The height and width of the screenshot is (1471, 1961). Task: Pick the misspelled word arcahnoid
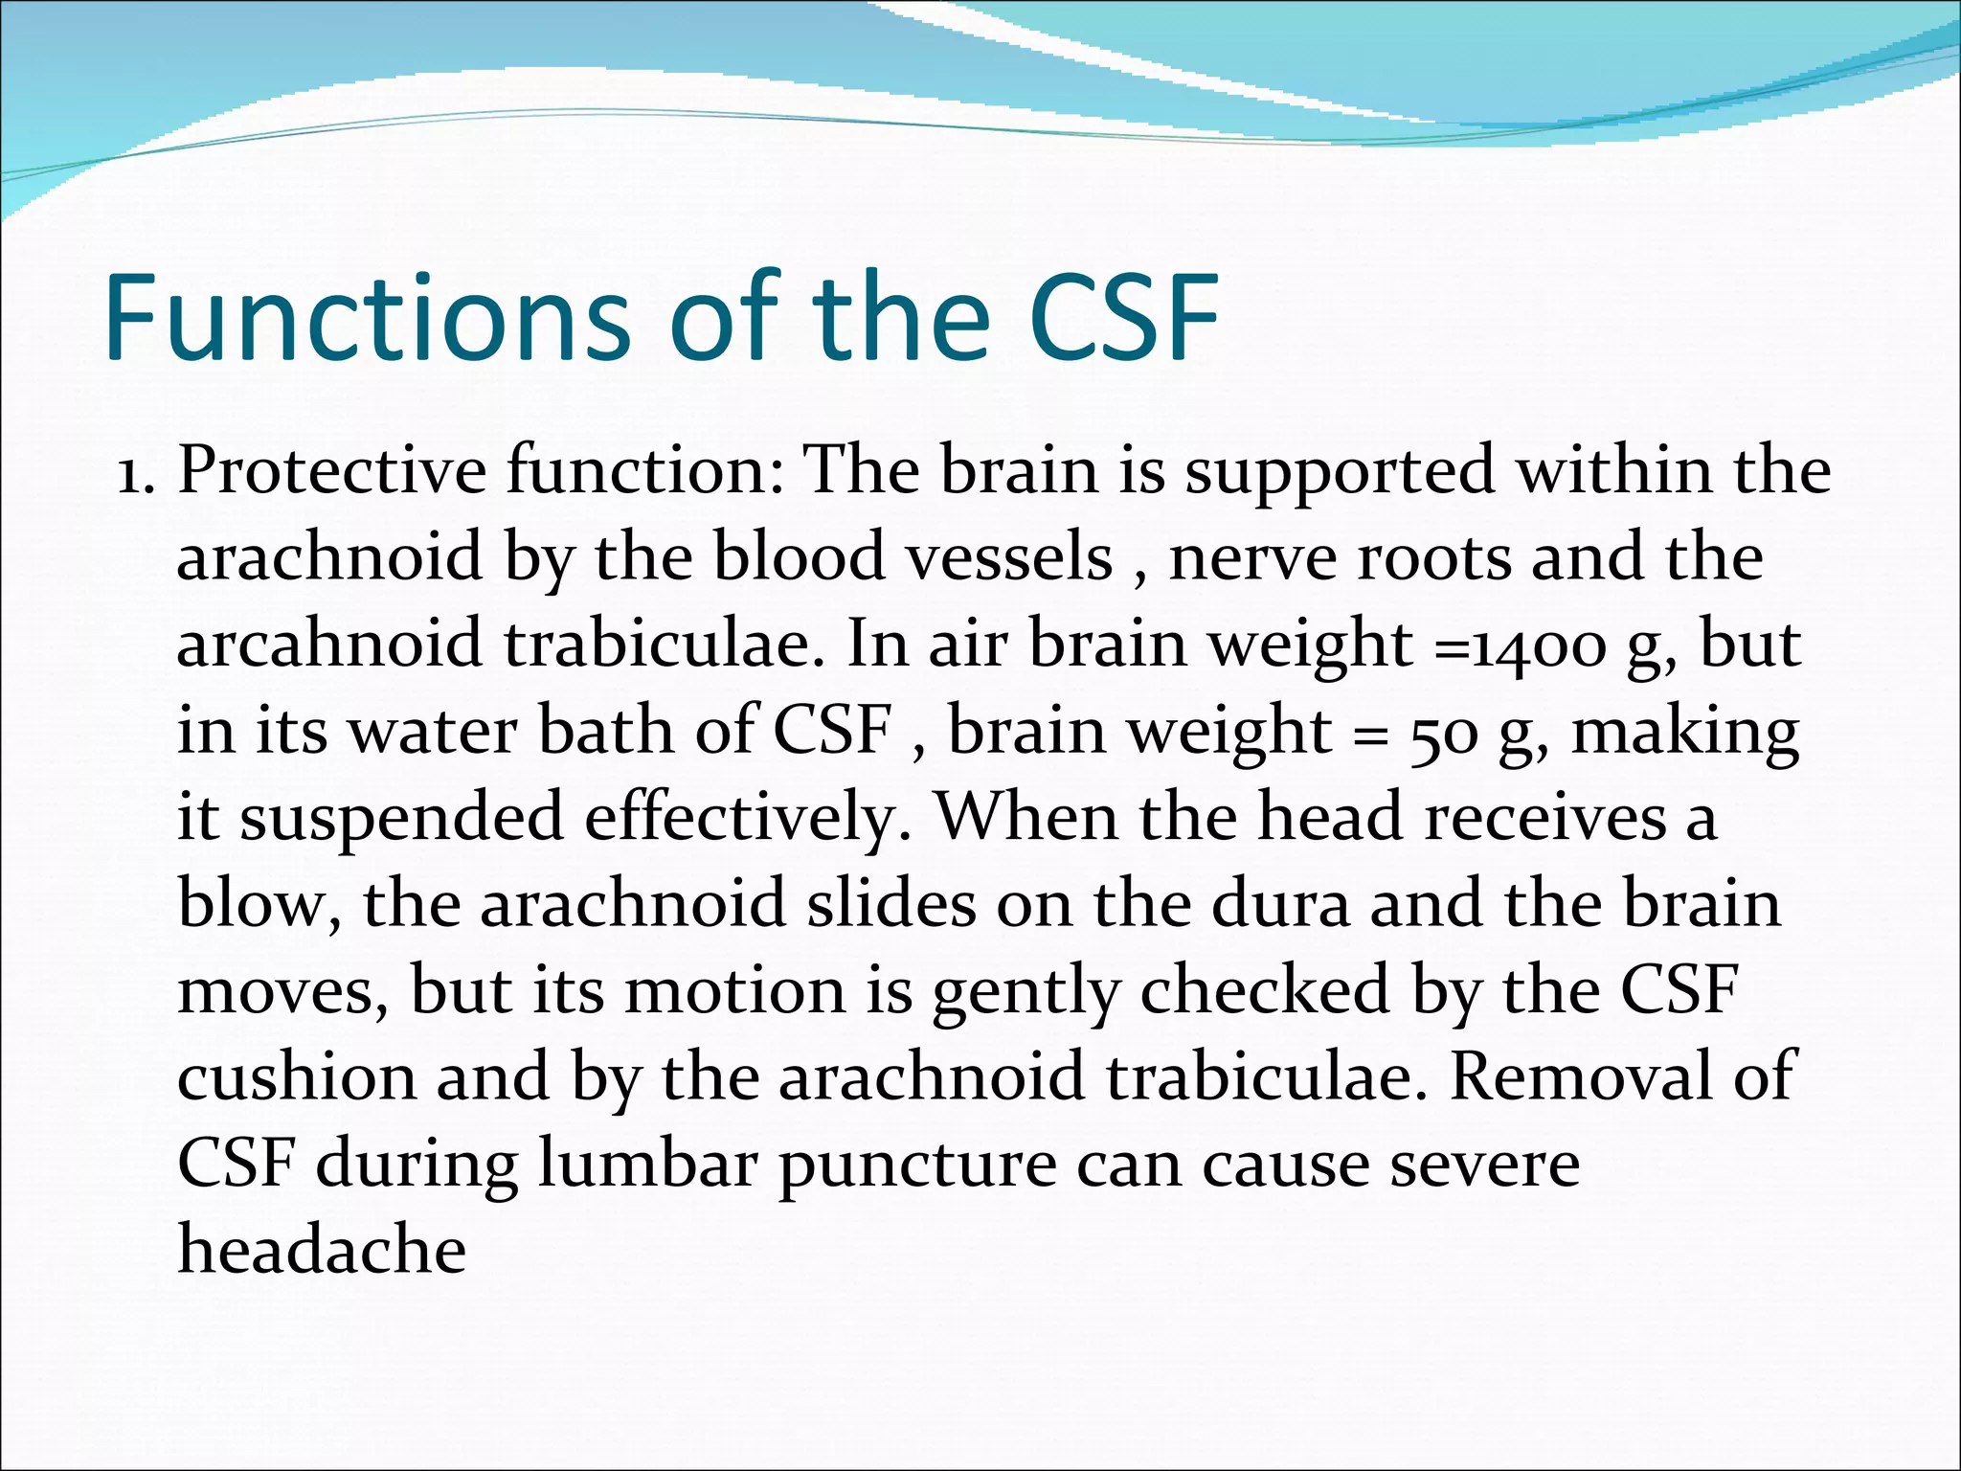tap(329, 644)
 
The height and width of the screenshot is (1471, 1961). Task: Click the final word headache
tap(323, 1251)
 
